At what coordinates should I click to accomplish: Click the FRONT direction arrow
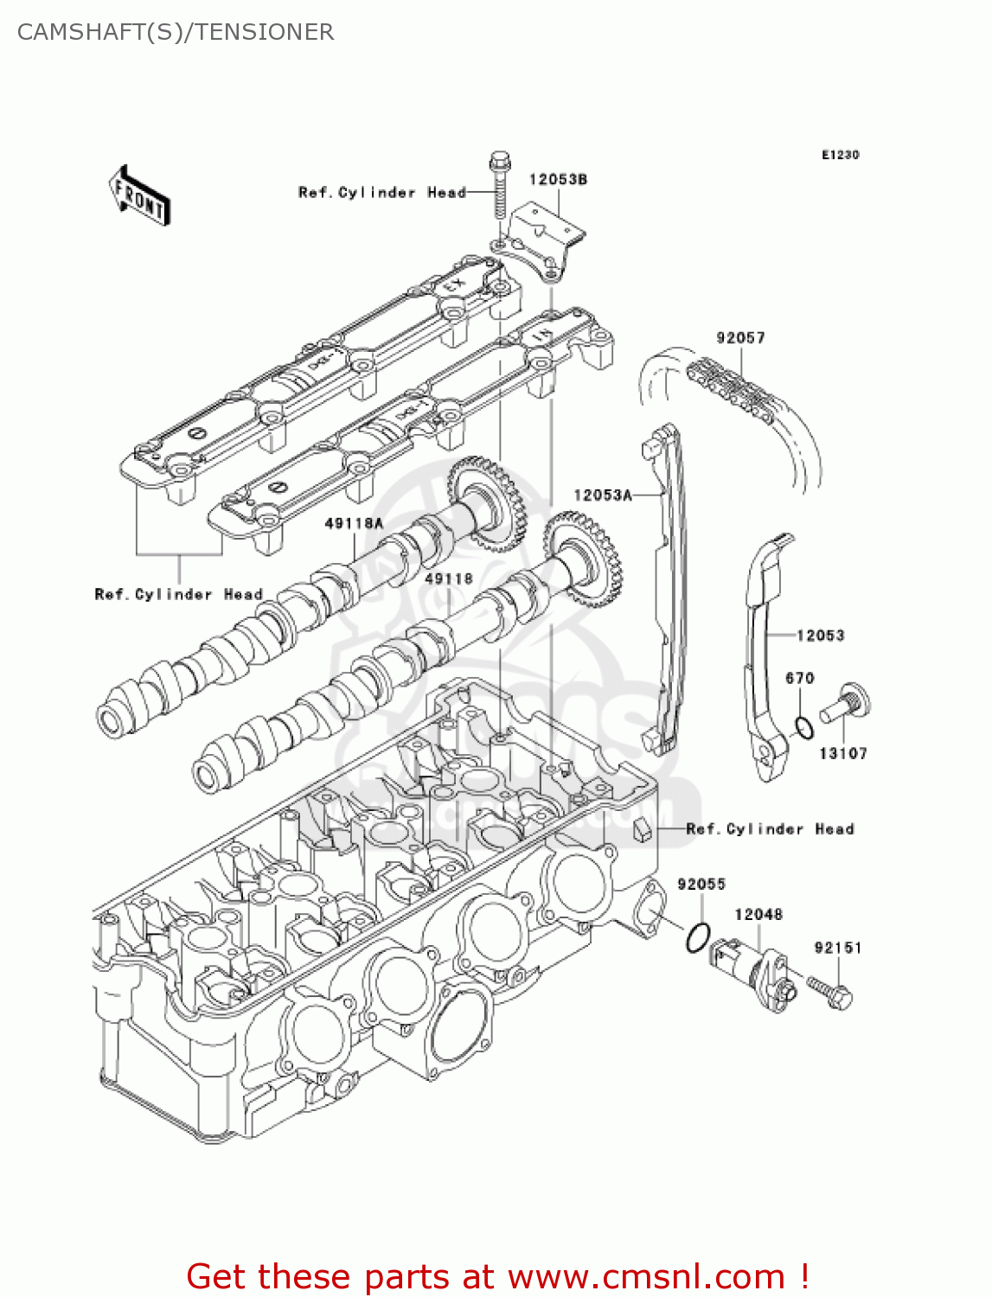(x=138, y=196)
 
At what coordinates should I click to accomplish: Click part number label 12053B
(x=558, y=179)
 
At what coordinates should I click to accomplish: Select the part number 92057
(x=740, y=337)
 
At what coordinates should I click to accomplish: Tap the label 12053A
(x=603, y=495)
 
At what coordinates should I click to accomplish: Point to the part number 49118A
(x=354, y=523)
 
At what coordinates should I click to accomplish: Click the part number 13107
(x=842, y=753)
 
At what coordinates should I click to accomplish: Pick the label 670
(x=800, y=678)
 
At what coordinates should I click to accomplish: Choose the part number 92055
(x=701, y=884)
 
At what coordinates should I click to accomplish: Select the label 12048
(x=758, y=914)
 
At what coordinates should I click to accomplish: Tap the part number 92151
(x=837, y=948)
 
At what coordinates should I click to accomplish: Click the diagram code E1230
(x=840, y=155)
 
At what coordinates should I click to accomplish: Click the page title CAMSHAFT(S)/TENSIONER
(x=176, y=32)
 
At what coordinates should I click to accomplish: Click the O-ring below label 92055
(x=698, y=938)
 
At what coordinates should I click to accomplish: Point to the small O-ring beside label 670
(x=803, y=728)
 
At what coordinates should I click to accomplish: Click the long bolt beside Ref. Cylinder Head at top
(x=500, y=186)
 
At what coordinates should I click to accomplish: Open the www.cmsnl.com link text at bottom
(x=646, y=1276)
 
